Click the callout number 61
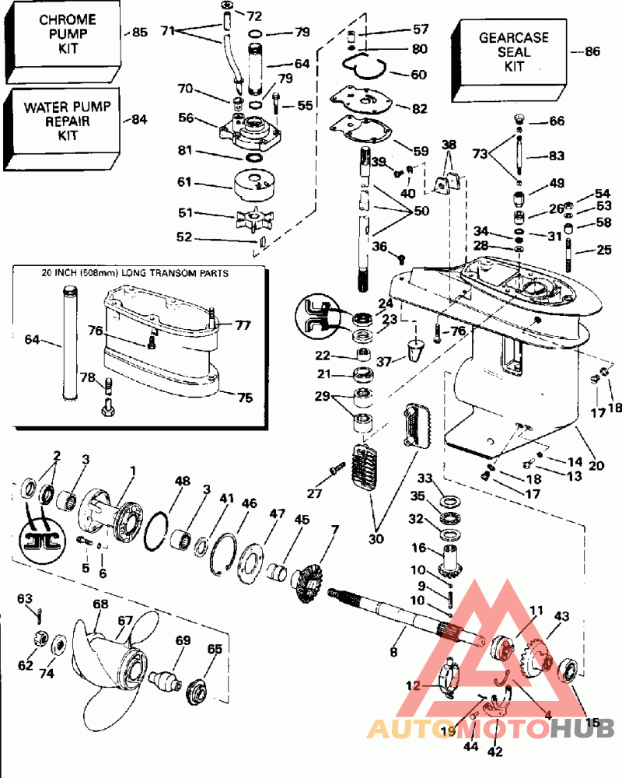click(x=184, y=182)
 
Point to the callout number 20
click(x=596, y=466)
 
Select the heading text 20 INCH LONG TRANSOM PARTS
click(x=140, y=274)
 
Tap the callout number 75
click(x=245, y=398)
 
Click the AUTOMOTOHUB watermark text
click(x=490, y=728)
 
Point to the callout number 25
click(x=605, y=250)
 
